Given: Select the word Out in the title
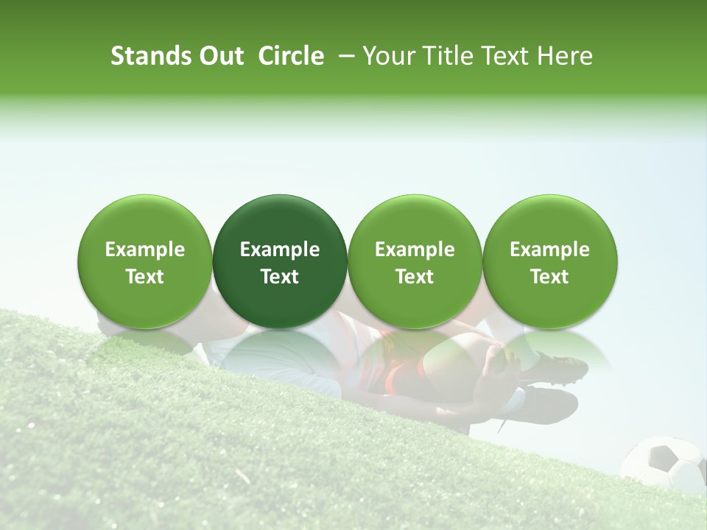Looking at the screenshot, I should click(x=222, y=56).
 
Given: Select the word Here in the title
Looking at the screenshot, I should click(x=564, y=56).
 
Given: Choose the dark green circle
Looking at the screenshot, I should click(x=280, y=261).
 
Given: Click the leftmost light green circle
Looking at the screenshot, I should click(x=145, y=261).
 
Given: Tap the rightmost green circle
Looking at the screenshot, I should click(x=549, y=261).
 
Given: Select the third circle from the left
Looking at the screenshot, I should click(x=415, y=261).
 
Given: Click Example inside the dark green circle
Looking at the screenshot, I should click(x=280, y=250).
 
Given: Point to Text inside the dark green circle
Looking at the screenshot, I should click(x=280, y=277).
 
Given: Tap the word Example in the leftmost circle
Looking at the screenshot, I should click(x=145, y=250).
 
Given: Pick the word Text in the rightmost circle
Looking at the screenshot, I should click(x=549, y=277).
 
